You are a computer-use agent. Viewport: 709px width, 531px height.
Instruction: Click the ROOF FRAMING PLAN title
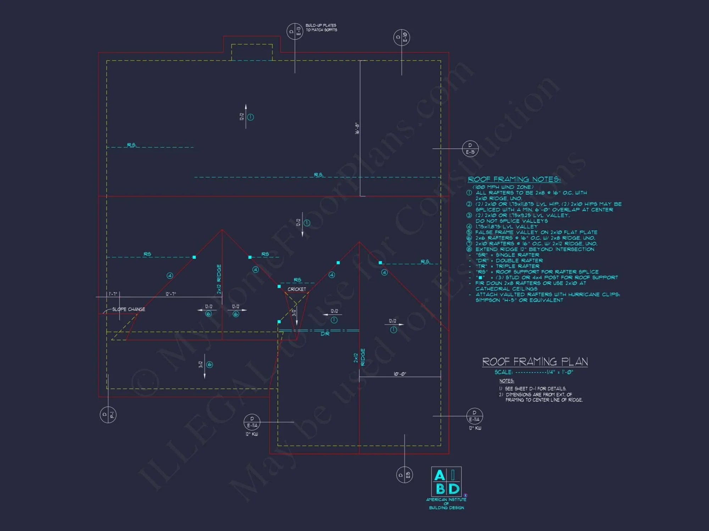[x=535, y=361]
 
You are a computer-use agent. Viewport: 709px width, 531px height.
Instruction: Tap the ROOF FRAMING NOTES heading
[x=514, y=179]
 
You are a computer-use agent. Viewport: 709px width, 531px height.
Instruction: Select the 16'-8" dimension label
[x=357, y=128]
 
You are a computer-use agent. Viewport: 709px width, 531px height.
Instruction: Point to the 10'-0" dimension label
[x=400, y=374]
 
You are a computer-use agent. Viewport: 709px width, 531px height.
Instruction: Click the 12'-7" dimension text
[x=171, y=294]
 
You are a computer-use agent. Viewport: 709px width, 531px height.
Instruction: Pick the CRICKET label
[x=297, y=289]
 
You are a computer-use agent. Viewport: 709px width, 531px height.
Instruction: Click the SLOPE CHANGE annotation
[x=128, y=309]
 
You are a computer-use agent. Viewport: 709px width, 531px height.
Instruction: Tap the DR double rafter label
[x=325, y=334]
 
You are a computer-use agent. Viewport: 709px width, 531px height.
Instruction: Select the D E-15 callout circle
[x=470, y=149]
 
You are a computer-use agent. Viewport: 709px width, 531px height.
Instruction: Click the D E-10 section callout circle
[x=402, y=37]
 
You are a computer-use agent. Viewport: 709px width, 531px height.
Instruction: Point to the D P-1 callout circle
[x=108, y=415]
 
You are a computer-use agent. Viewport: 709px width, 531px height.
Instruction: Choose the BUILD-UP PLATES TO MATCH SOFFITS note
[x=321, y=28]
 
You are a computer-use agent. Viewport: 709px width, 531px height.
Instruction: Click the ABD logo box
[x=446, y=481]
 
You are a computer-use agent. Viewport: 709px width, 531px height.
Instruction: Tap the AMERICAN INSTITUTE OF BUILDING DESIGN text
[x=446, y=503]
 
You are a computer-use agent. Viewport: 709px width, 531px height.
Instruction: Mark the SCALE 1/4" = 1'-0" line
[x=534, y=372]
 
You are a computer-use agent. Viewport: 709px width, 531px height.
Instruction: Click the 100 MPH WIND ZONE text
[x=503, y=187]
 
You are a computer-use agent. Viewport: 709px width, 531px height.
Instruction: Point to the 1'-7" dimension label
[x=113, y=294]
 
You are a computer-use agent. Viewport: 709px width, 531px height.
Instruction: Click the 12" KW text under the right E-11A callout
[x=475, y=428]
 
